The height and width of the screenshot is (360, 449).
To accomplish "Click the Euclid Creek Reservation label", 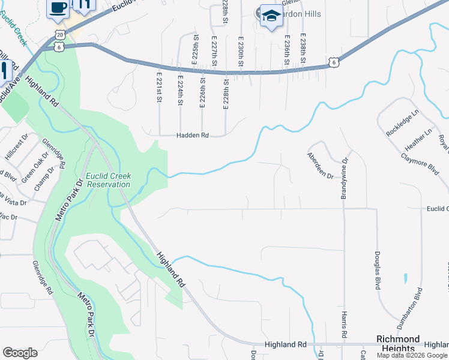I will click(108, 180).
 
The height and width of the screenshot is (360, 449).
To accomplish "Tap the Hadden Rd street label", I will click(192, 136).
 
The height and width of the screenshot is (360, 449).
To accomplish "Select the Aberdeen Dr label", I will click(319, 164).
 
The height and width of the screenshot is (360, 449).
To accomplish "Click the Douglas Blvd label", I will click(378, 271).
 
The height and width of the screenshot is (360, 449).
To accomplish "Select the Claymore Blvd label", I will click(423, 164).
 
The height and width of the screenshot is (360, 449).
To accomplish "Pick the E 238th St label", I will click(303, 49).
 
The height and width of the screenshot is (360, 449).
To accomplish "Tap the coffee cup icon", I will click(58, 8).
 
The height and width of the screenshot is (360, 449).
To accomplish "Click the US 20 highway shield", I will click(58, 34).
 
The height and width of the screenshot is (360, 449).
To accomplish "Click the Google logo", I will click(20, 353).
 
